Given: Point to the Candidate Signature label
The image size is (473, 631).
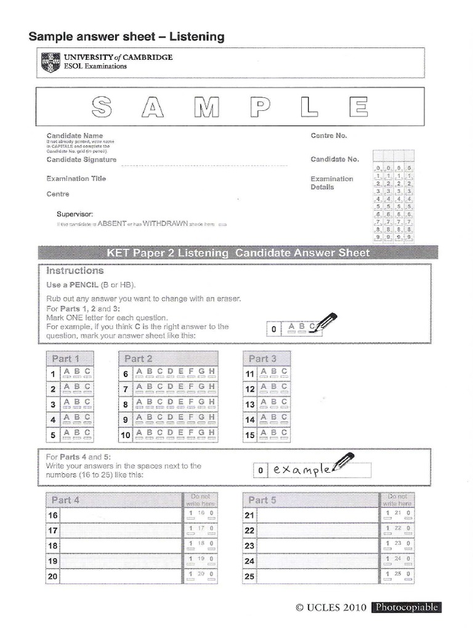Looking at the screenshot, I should tap(81, 160).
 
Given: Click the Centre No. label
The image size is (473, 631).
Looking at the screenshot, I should tap(329, 136).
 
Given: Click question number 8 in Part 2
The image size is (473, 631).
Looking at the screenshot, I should tap(125, 405).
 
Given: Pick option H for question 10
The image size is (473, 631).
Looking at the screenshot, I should tap(212, 433).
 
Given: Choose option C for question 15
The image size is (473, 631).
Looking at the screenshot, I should tap(283, 434).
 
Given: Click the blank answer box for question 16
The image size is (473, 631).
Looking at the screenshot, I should tap(121, 515).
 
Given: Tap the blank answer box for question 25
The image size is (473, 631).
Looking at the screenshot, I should tap(318, 577).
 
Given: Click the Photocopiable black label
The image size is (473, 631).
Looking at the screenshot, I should tap(406, 608).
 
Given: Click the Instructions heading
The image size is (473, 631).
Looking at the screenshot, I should tap(75, 271).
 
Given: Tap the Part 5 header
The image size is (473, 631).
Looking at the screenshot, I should tap(262, 500).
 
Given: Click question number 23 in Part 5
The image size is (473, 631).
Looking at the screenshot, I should tap(249, 546).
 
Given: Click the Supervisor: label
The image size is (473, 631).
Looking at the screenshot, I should tap(75, 214).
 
